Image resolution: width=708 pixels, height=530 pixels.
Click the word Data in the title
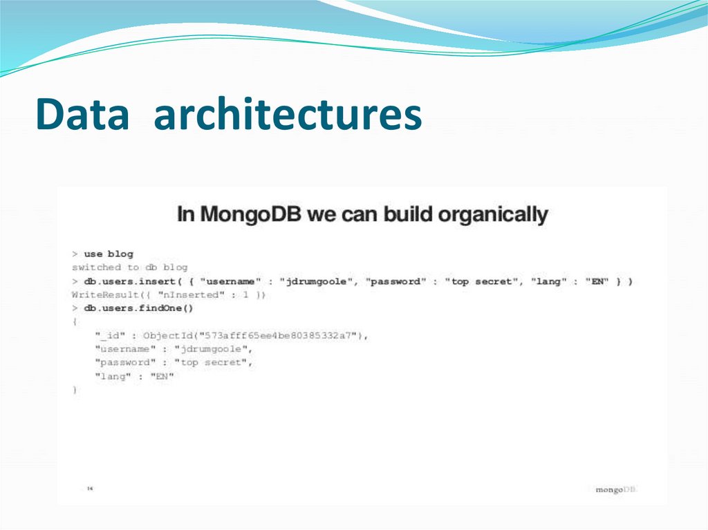coord(82,115)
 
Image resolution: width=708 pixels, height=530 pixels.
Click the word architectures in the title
coord(288,115)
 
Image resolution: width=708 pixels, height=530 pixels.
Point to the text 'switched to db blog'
coord(130,267)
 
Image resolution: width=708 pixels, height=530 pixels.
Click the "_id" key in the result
coord(111,335)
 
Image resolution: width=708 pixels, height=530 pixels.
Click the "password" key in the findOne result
coord(125,363)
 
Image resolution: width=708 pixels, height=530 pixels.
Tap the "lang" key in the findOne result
coord(111,377)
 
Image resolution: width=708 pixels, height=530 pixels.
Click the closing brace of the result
coord(75,390)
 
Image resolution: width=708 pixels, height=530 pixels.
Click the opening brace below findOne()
coord(75,322)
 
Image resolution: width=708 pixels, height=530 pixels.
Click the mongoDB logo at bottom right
coord(615,489)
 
